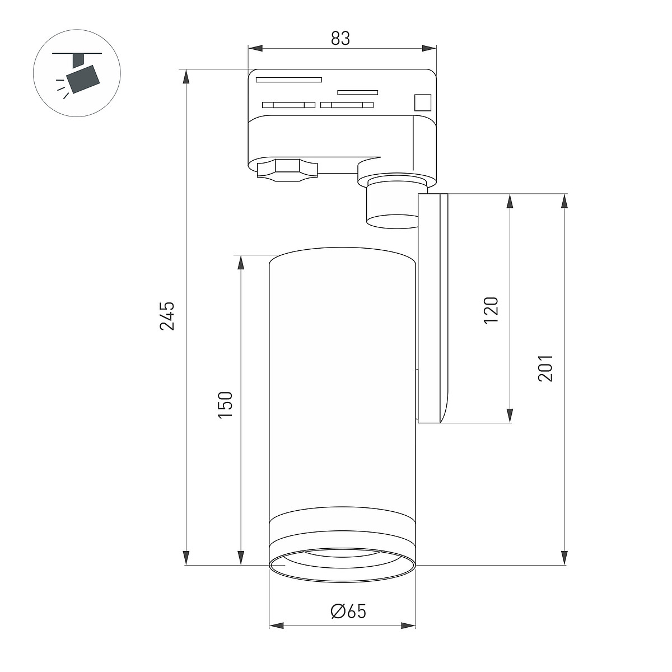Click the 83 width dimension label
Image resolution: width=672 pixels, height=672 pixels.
point(340,38)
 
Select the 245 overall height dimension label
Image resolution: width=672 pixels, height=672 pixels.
point(167,316)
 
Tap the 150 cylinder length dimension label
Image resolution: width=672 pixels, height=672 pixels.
point(225,405)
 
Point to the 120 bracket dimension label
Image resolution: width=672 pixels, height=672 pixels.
point(491,311)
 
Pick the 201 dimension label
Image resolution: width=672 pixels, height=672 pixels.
point(546,368)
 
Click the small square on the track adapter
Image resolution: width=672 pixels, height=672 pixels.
point(423,102)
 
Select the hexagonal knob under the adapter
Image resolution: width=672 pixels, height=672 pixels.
point(288,170)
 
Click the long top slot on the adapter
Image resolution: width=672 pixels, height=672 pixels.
point(289,80)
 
